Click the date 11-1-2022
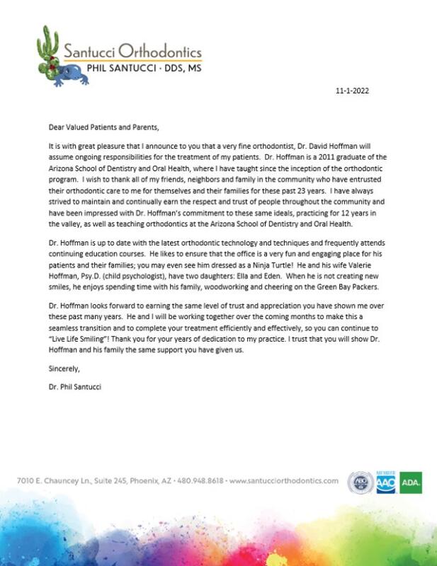(352, 91)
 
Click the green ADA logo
(410, 483)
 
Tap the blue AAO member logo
(386, 483)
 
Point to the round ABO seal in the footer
(361, 483)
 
